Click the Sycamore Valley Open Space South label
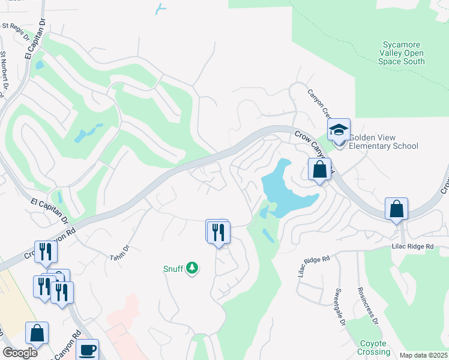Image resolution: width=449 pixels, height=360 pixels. pos(402,53)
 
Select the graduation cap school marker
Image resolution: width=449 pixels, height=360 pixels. pos(339,130)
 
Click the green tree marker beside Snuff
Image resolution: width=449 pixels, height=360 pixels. pos(192,268)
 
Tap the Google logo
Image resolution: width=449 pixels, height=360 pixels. pos(20,353)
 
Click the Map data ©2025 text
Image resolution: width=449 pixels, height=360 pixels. pos(423,355)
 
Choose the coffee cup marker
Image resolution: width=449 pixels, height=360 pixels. pos(88,350)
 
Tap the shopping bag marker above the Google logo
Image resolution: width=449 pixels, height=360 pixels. pos(37,333)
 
